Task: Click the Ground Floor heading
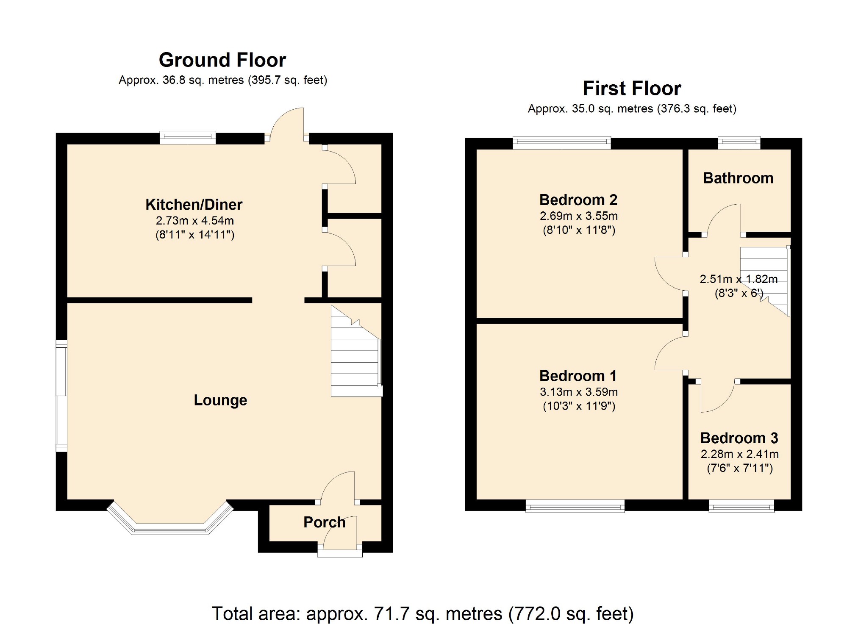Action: click(x=222, y=60)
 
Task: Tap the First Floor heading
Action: click(x=632, y=89)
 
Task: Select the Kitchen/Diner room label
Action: click(x=194, y=205)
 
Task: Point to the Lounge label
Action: click(x=220, y=400)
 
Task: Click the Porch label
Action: click(x=325, y=522)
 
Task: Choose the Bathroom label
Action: click(x=738, y=178)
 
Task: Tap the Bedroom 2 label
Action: click(x=578, y=200)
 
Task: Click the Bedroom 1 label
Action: click(x=578, y=376)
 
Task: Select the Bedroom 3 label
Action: click(x=739, y=438)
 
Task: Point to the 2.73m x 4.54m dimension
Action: click(x=195, y=221)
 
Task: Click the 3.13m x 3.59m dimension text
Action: click(x=579, y=392)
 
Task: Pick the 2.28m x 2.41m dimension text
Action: click(x=740, y=454)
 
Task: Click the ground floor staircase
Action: click(x=356, y=351)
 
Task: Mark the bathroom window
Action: click(x=739, y=143)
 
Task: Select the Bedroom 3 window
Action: click(x=741, y=506)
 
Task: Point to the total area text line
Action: click(x=422, y=613)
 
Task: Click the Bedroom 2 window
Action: click(x=562, y=143)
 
